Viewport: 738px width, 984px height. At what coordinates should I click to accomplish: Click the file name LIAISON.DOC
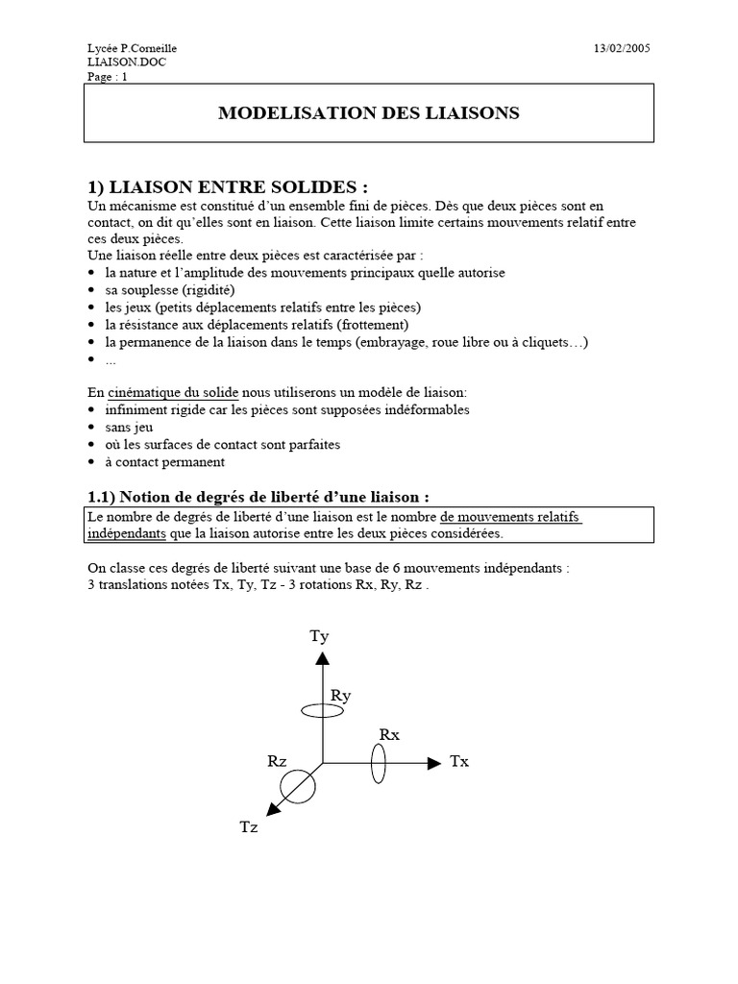(x=120, y=62)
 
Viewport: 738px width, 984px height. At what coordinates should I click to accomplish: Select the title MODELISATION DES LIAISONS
(x=369, y=113)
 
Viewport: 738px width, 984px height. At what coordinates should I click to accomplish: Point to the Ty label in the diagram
(x=319, y=636)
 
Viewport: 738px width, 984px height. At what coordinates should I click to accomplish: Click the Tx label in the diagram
(x=459, y=762)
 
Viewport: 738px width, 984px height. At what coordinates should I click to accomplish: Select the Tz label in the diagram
(x=250, y=827)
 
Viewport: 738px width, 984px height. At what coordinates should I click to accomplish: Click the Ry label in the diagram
(x=340, y=696)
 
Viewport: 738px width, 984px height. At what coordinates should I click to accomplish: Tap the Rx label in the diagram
(x=389, y=735)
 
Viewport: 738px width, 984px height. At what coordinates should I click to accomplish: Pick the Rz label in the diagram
(x=278, y=761)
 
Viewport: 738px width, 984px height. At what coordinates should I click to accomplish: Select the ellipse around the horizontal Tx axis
(x=379, y=764)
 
